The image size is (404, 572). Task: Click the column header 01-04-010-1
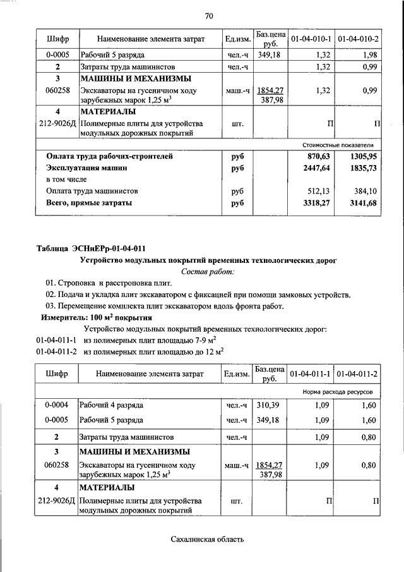click(311, 40)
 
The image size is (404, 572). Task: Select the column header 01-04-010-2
click(359, 40)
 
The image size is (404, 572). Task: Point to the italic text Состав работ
click(208, 272)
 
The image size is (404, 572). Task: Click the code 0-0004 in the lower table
click(57, 405)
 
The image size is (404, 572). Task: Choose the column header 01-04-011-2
click(357, 374)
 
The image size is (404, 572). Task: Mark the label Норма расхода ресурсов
click(342, 392)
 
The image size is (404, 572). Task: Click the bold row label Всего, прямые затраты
click(89, 203)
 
